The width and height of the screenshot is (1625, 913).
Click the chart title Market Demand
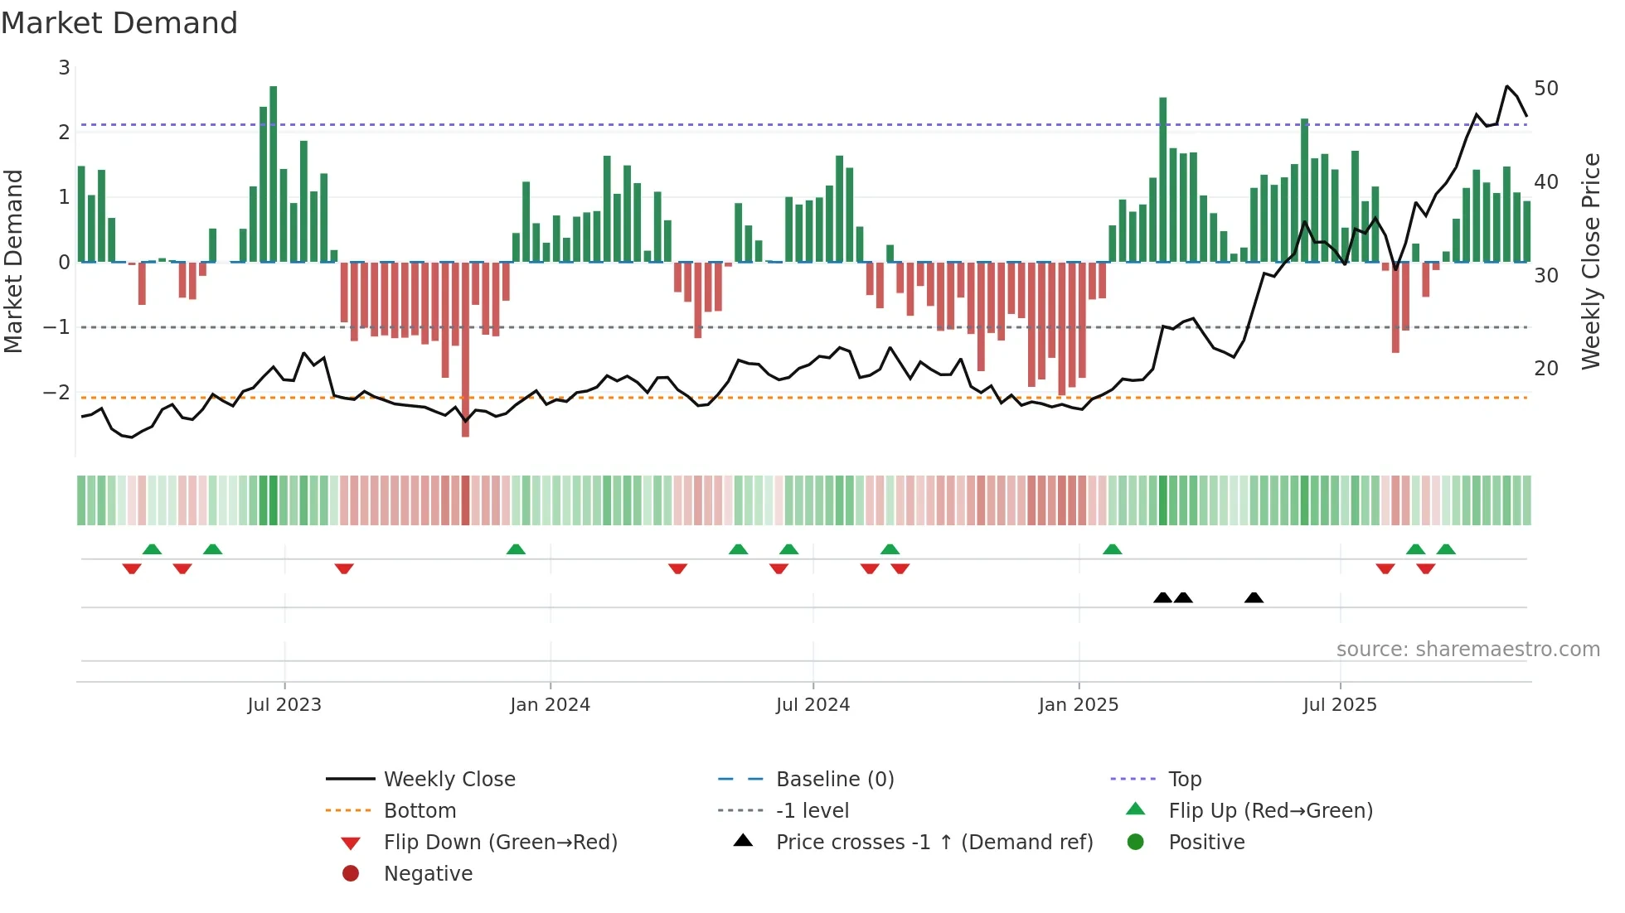[119, 23]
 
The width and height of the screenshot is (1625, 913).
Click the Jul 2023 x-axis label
[284, 705]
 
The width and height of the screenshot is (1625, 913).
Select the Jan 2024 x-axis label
[550, 705]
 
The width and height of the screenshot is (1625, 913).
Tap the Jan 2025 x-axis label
[1078, 705]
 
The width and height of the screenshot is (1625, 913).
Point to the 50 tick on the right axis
[1545, 89]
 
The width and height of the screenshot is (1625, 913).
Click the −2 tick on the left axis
[57, 392]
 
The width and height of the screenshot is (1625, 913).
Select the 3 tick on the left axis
[64, 68]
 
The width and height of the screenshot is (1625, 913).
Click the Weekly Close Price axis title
[1590, 261]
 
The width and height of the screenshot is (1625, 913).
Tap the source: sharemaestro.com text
[1467, 650]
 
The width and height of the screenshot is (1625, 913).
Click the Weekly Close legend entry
[449, 780]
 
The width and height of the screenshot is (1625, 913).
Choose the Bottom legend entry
[420, 811]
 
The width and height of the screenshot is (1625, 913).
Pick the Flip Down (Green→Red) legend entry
[500, 843]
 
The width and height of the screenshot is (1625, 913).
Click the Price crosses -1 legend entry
[934, 843]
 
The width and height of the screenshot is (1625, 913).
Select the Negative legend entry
[428, 874]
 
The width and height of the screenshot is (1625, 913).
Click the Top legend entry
[1185, 780]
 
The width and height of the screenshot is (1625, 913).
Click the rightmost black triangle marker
[1254, 597]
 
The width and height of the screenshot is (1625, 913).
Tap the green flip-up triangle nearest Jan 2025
[1113, 549]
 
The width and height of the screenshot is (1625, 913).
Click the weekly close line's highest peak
[1507, 86]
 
